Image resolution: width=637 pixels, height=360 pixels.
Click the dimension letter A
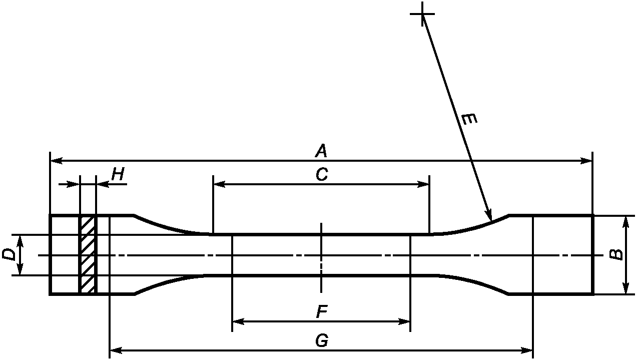(321, 150)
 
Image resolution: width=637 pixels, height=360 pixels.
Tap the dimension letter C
(321, 175)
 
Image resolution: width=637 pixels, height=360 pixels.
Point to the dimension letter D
(9, 254)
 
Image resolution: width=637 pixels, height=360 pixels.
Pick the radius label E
(469, 120)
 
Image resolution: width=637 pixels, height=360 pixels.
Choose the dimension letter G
(321, 341)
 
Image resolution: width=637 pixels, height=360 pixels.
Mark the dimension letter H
(118, 174)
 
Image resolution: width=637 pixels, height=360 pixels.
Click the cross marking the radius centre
(422, 14)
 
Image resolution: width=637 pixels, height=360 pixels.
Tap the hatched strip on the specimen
(88, 255)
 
